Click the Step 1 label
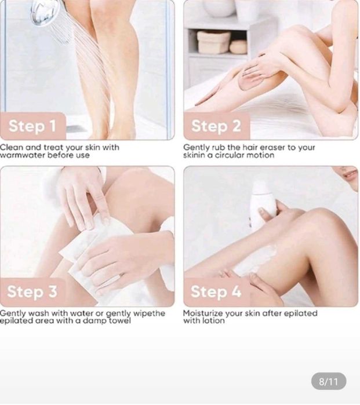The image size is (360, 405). coord(32,126)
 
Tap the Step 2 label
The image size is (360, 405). coord(216,126)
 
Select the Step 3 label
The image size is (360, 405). coord(32,291)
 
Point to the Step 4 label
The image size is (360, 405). coord(216,291)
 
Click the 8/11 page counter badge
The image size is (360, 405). coord(329,381)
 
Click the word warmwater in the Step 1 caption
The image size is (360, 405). coord(23,155)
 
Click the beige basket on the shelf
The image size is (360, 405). coord(213,42)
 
